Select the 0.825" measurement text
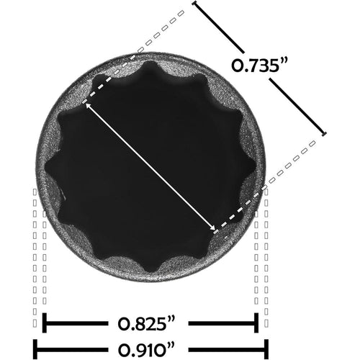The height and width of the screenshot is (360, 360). click(149, 322)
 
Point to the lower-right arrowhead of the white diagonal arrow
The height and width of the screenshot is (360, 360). click(213, 230)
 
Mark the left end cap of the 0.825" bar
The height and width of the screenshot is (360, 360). click(45, 322)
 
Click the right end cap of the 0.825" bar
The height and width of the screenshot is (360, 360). click(256, 322)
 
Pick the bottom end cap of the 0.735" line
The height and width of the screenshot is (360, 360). click(323, 134)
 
